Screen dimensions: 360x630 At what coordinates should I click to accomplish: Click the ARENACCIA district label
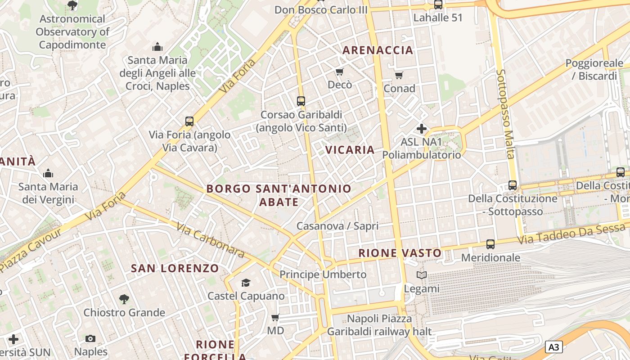[x=378, y=50]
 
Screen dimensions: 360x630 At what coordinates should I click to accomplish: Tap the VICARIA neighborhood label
[x=350, y=150]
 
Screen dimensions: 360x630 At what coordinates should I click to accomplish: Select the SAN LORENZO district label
[x=175, y=268]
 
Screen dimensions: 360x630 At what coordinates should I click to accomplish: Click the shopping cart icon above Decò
[x=340, y=72]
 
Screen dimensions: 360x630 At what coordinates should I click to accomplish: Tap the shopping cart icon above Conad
[x=399, y=75]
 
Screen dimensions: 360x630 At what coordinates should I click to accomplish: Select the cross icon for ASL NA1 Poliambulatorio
[x=421, y=129]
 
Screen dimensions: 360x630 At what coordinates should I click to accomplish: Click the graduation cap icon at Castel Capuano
[x=246, y=283]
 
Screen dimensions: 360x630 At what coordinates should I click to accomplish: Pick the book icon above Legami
[x=421, y=275]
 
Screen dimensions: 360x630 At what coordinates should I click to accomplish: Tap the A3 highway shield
[x=554, y=347]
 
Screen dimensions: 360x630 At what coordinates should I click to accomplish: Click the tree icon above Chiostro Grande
[x=124, y=299]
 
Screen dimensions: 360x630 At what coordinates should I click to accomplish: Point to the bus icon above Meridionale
[x=490, y=244]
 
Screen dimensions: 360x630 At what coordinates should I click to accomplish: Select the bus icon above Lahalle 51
[x=438, y=4]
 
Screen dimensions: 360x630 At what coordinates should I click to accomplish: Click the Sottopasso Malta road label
[x=505, y=114]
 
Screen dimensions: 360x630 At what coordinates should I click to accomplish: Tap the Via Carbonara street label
[x=210, y=240]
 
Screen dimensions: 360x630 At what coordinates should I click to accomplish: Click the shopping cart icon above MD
[x=275, y=318]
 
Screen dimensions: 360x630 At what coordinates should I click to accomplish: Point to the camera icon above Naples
[x=90, y=338]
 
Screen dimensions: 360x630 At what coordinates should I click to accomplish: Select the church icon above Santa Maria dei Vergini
[x=48, y=173]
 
